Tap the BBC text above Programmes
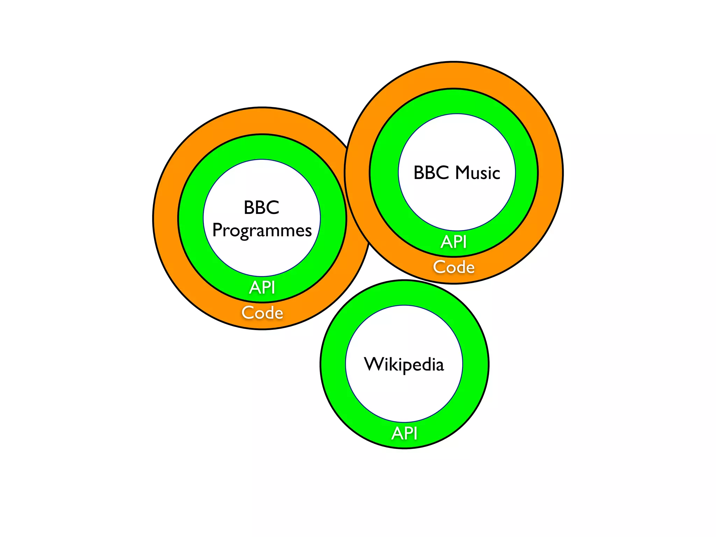pos(262,207)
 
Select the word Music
pos(478,173)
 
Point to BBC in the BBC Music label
pos(431,173)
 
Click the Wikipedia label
pos(404,364)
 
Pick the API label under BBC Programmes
pos(262,288)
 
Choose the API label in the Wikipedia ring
pos(404,434)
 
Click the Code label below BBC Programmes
pos(262,313)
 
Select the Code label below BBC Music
pos(454,267)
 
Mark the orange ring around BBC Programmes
pos(166,219)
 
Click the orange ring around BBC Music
pos(551,173)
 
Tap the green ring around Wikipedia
pos(333,364)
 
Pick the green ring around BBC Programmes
pos(191,219)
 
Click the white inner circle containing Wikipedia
pos(404,392)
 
